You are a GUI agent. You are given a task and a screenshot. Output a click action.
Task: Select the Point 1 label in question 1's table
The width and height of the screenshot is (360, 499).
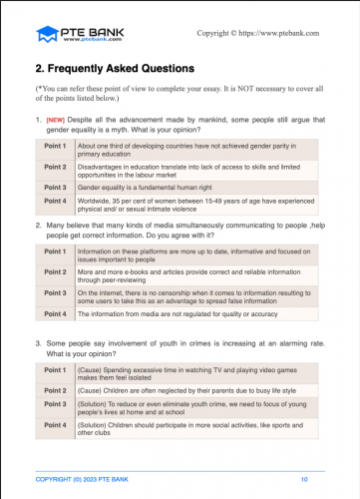point(56,147)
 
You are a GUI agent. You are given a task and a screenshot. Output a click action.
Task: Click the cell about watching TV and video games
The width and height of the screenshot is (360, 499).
point(189,373)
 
